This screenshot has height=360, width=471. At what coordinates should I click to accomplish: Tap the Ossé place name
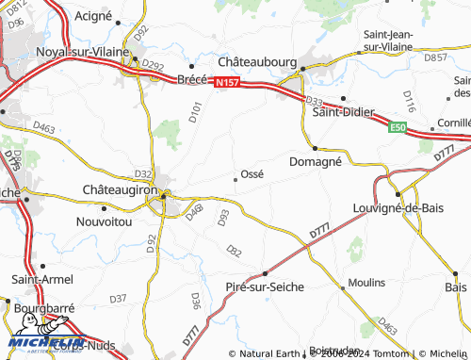(252, 173)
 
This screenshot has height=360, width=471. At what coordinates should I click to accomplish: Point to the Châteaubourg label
(257, 59)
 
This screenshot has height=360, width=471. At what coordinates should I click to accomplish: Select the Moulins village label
(365, 283)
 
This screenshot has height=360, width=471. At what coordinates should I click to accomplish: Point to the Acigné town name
(91, 17)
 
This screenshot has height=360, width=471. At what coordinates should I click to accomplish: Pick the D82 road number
(235, 250)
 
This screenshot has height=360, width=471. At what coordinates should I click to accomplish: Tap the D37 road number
(118, 298)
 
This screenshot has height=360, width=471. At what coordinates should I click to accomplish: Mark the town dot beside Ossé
(235, 177)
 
